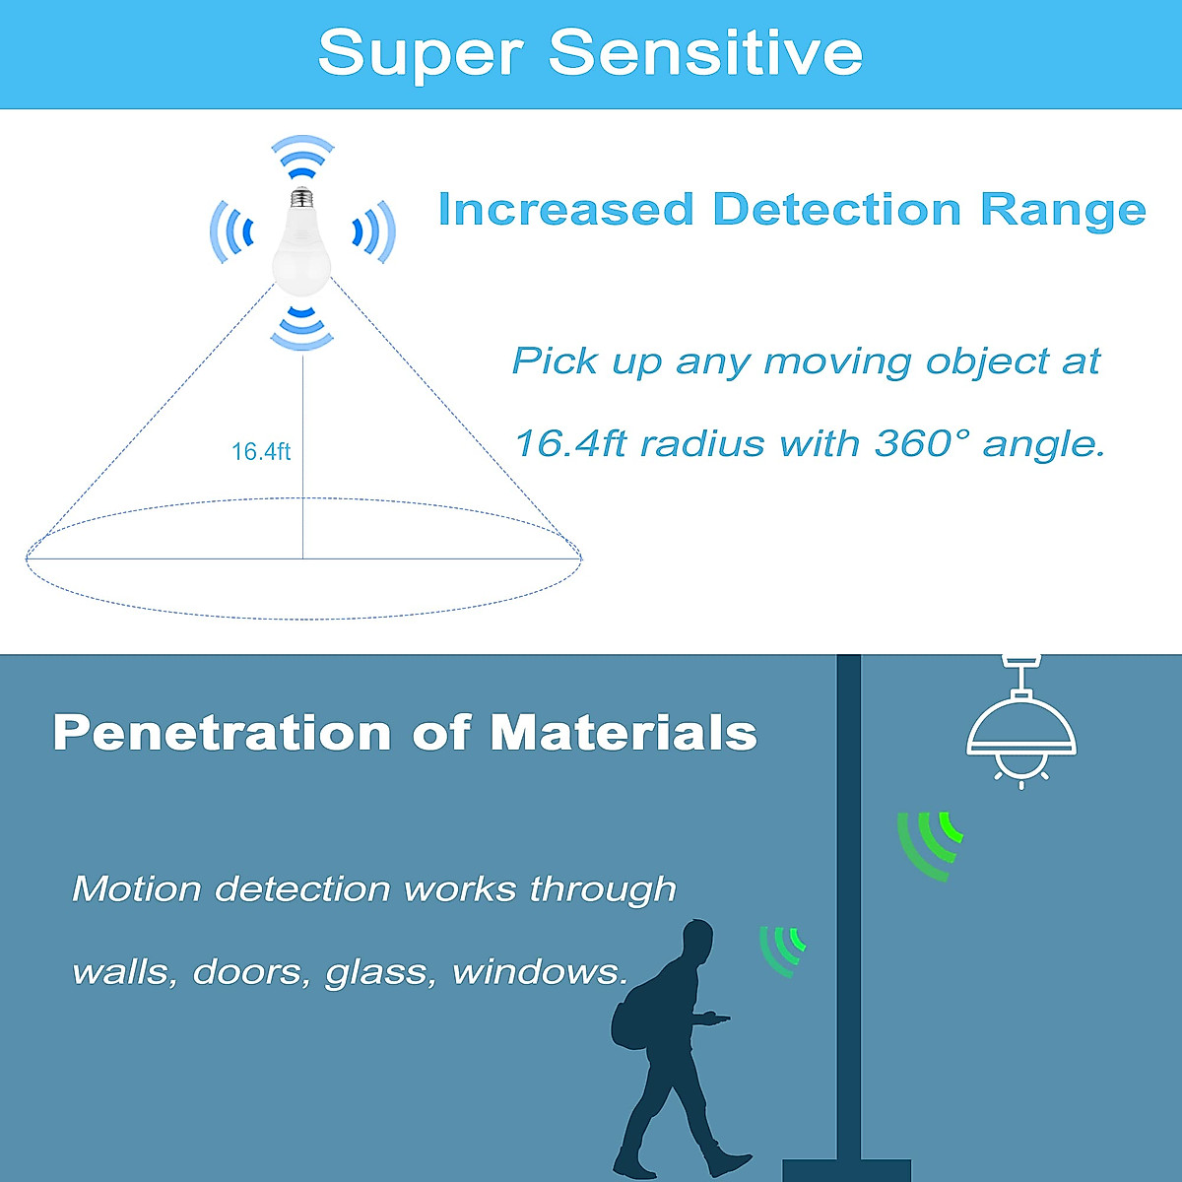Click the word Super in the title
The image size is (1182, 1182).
pos(421,55)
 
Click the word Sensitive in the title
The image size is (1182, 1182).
pos(706,53)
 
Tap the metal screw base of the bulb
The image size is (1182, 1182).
pos(301,196)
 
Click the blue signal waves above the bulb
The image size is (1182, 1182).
pos(303,157)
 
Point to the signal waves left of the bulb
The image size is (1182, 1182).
pos(231,231)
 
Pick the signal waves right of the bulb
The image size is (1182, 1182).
pos(374,231)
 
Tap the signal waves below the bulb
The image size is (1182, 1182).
pos(302,328)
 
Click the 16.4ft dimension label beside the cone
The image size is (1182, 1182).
pos(261,452)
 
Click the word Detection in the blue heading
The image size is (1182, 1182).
pos(836,210)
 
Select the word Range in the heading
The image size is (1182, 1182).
pos(1063,212)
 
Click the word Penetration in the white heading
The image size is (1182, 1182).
pos(222,733)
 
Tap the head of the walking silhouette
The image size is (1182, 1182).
pos(697,939)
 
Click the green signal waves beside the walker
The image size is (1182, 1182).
pos(781,951)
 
